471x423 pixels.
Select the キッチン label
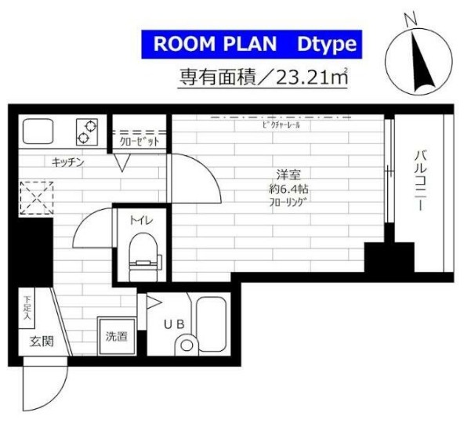(x=68, y=162)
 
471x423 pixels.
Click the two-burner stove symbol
(x=86, y=131)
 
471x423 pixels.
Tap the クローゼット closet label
(x=138, y=142)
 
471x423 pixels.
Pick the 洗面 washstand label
(x=115, y=338)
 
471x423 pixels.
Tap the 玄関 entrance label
(x=41, y=341)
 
